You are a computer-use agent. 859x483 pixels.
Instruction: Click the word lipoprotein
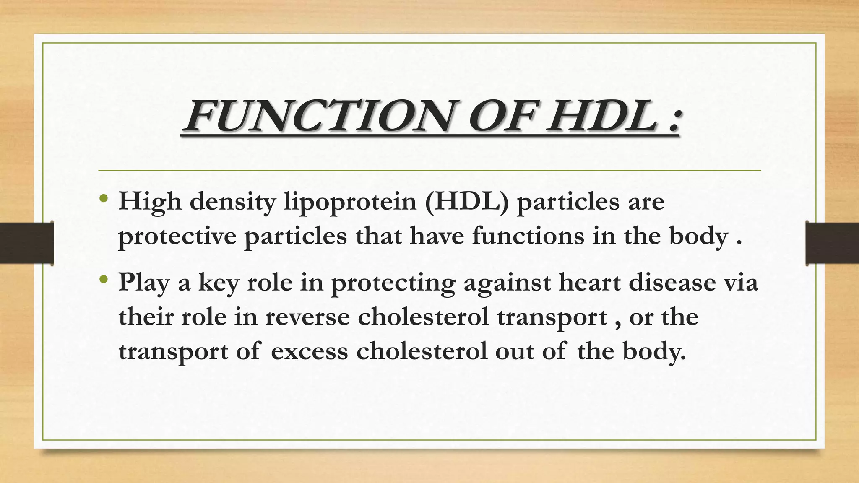coord(350,203)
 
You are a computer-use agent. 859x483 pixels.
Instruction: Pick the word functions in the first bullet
coord(528,236)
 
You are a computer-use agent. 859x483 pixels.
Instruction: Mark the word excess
coord(309,351)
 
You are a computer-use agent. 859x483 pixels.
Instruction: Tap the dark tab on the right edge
coord(832,243)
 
